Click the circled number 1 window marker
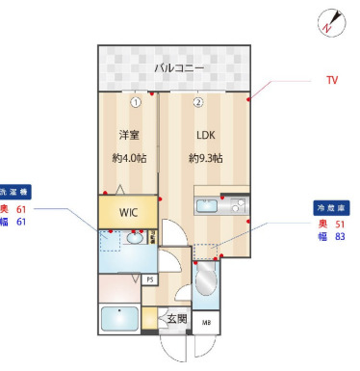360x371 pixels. [137, 100]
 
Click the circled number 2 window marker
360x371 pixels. [197, 100]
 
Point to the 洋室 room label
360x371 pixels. [129, 134]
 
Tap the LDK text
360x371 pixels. [205, 134]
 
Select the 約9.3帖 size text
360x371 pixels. [205, 157]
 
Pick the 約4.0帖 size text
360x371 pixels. [129, 157]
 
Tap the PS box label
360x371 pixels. [149, 279]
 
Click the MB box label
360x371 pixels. [206, 323]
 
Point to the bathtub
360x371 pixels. [118, 318]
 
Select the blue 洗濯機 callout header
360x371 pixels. [14, 191]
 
